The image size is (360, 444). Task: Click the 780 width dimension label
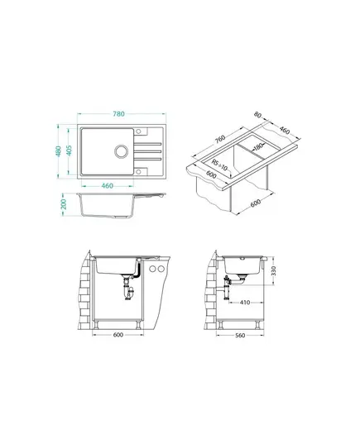pos(118,114)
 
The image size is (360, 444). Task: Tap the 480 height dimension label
pos(59,151)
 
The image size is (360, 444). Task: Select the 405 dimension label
pos(69,150)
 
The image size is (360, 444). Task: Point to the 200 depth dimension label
pos(64,204)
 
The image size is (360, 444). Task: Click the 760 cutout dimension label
pos(220,138)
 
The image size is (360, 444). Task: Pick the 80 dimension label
pos(257,115)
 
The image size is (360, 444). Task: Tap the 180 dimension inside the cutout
pos(257,147)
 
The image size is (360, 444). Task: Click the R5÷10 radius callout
pos(219,165)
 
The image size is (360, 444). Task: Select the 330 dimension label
pos(274,271)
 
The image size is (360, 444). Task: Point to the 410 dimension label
pos(245,303)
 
